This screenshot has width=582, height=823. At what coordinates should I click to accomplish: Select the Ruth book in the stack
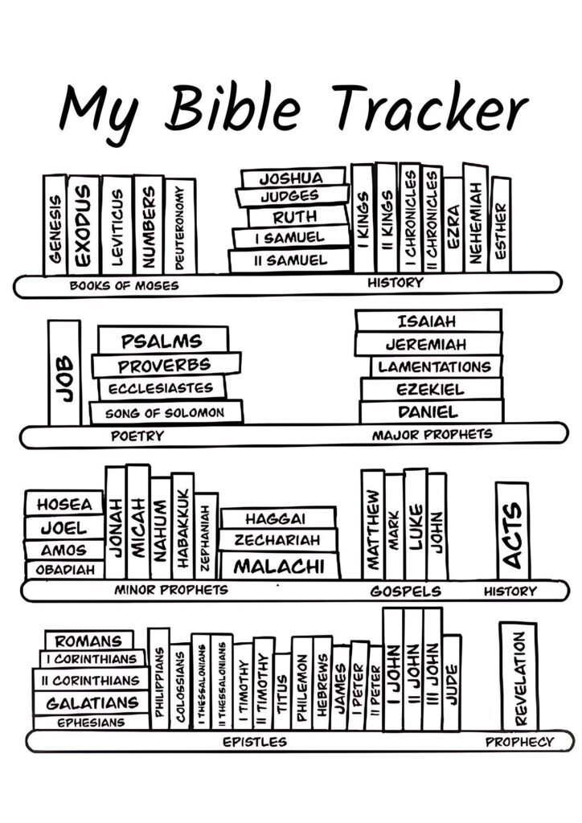coord(295,216)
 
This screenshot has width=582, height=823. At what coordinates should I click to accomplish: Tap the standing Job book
coord(64,373)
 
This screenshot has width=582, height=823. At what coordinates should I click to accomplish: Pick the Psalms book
coord(162,341)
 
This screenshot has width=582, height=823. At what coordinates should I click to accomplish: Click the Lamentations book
coord(434,366)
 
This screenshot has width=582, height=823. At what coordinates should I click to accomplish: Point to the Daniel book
coord(428,411)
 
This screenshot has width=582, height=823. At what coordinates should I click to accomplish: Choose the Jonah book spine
coord(115,524)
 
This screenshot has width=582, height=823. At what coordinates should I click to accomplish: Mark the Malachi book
coord(278,566)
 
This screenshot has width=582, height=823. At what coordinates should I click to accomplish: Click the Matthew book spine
coord(372,523)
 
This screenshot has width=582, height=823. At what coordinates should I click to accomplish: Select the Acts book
coord(511,530)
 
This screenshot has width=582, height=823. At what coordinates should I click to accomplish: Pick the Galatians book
coord(92,702)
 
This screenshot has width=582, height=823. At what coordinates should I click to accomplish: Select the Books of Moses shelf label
coord(124,285)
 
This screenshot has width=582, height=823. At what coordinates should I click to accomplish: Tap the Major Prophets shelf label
coord(432,435)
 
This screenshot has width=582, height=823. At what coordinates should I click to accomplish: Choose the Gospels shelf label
coord(405,592)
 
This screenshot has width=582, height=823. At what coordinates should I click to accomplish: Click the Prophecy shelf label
coord(519,742)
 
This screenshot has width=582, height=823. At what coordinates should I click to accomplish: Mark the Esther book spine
coord(500,225)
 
